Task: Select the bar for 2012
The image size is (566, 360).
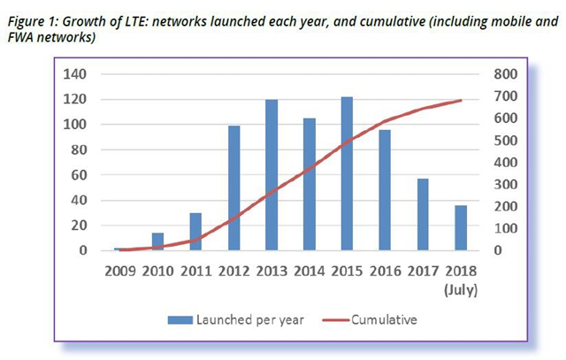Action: point(234,188)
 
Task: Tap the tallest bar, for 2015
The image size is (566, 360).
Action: point(347,174)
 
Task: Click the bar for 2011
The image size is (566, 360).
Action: point(196,232)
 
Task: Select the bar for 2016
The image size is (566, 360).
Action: point(384,190)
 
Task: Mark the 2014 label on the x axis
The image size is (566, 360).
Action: point(310,271)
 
